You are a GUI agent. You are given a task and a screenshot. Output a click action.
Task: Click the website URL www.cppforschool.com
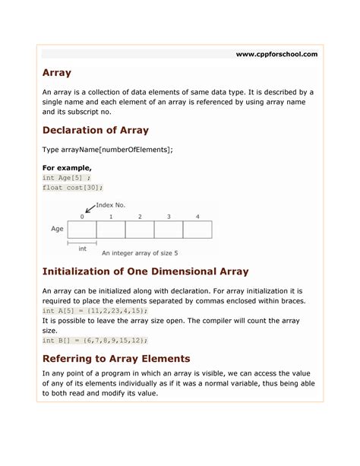click(x=276, y=54)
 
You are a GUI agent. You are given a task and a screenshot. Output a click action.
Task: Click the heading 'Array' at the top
click(x=57, y=73)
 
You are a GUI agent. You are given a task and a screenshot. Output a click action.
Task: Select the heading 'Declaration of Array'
click(x=95, y=130)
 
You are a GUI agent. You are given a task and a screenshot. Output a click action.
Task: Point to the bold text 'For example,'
click(x=67, y=167)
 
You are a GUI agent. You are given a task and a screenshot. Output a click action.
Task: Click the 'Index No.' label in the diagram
click(x=111, y=205)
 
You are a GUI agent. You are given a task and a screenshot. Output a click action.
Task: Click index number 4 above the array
click(x=197, y=217)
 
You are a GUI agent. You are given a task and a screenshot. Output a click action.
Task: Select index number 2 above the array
click(x=140, y=217)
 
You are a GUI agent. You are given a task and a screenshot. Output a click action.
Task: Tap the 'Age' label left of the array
click(x=56, y=229)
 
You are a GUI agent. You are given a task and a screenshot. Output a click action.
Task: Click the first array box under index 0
click(x=82, y=230)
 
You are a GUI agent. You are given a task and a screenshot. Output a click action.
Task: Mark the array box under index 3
click(x=169, y=230)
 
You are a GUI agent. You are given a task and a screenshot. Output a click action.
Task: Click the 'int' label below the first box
click(x=82, y=249)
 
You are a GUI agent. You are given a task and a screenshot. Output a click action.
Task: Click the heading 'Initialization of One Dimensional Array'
click(x=145, y=271)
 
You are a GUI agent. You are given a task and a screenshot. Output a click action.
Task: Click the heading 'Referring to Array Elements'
click(x=116, y=358)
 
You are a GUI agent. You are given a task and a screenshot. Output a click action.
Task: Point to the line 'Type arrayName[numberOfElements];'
click(x=107, y=150)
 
